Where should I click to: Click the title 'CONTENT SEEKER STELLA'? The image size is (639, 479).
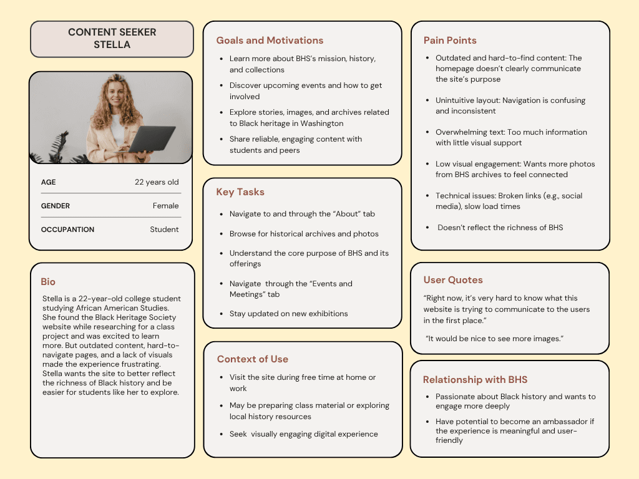coord(112,38)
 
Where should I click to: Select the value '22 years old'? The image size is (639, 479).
coord(157,182)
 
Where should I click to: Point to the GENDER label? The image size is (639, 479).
coord(56,206)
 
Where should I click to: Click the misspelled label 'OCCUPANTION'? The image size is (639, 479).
coord(67,230)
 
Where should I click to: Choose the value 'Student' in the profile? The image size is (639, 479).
coord(164,230)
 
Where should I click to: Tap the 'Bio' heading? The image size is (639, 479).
coord(48,282)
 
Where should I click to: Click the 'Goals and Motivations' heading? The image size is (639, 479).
coord(270,41)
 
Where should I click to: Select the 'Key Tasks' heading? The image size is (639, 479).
coord(240,192)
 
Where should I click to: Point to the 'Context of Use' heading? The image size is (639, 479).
coord(252,359)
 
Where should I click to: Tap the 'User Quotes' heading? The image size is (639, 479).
coord(453,280)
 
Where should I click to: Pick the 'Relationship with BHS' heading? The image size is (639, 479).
coord(475,380)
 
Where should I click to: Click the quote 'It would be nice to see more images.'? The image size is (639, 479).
coord(495,338)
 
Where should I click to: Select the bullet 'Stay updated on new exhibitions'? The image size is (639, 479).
coord(288,314)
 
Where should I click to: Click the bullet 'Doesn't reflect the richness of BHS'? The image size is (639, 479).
coord(500,228)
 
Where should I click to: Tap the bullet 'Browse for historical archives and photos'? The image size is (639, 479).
coord(304,234)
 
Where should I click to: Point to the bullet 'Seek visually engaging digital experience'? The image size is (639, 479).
coord(303,434)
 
